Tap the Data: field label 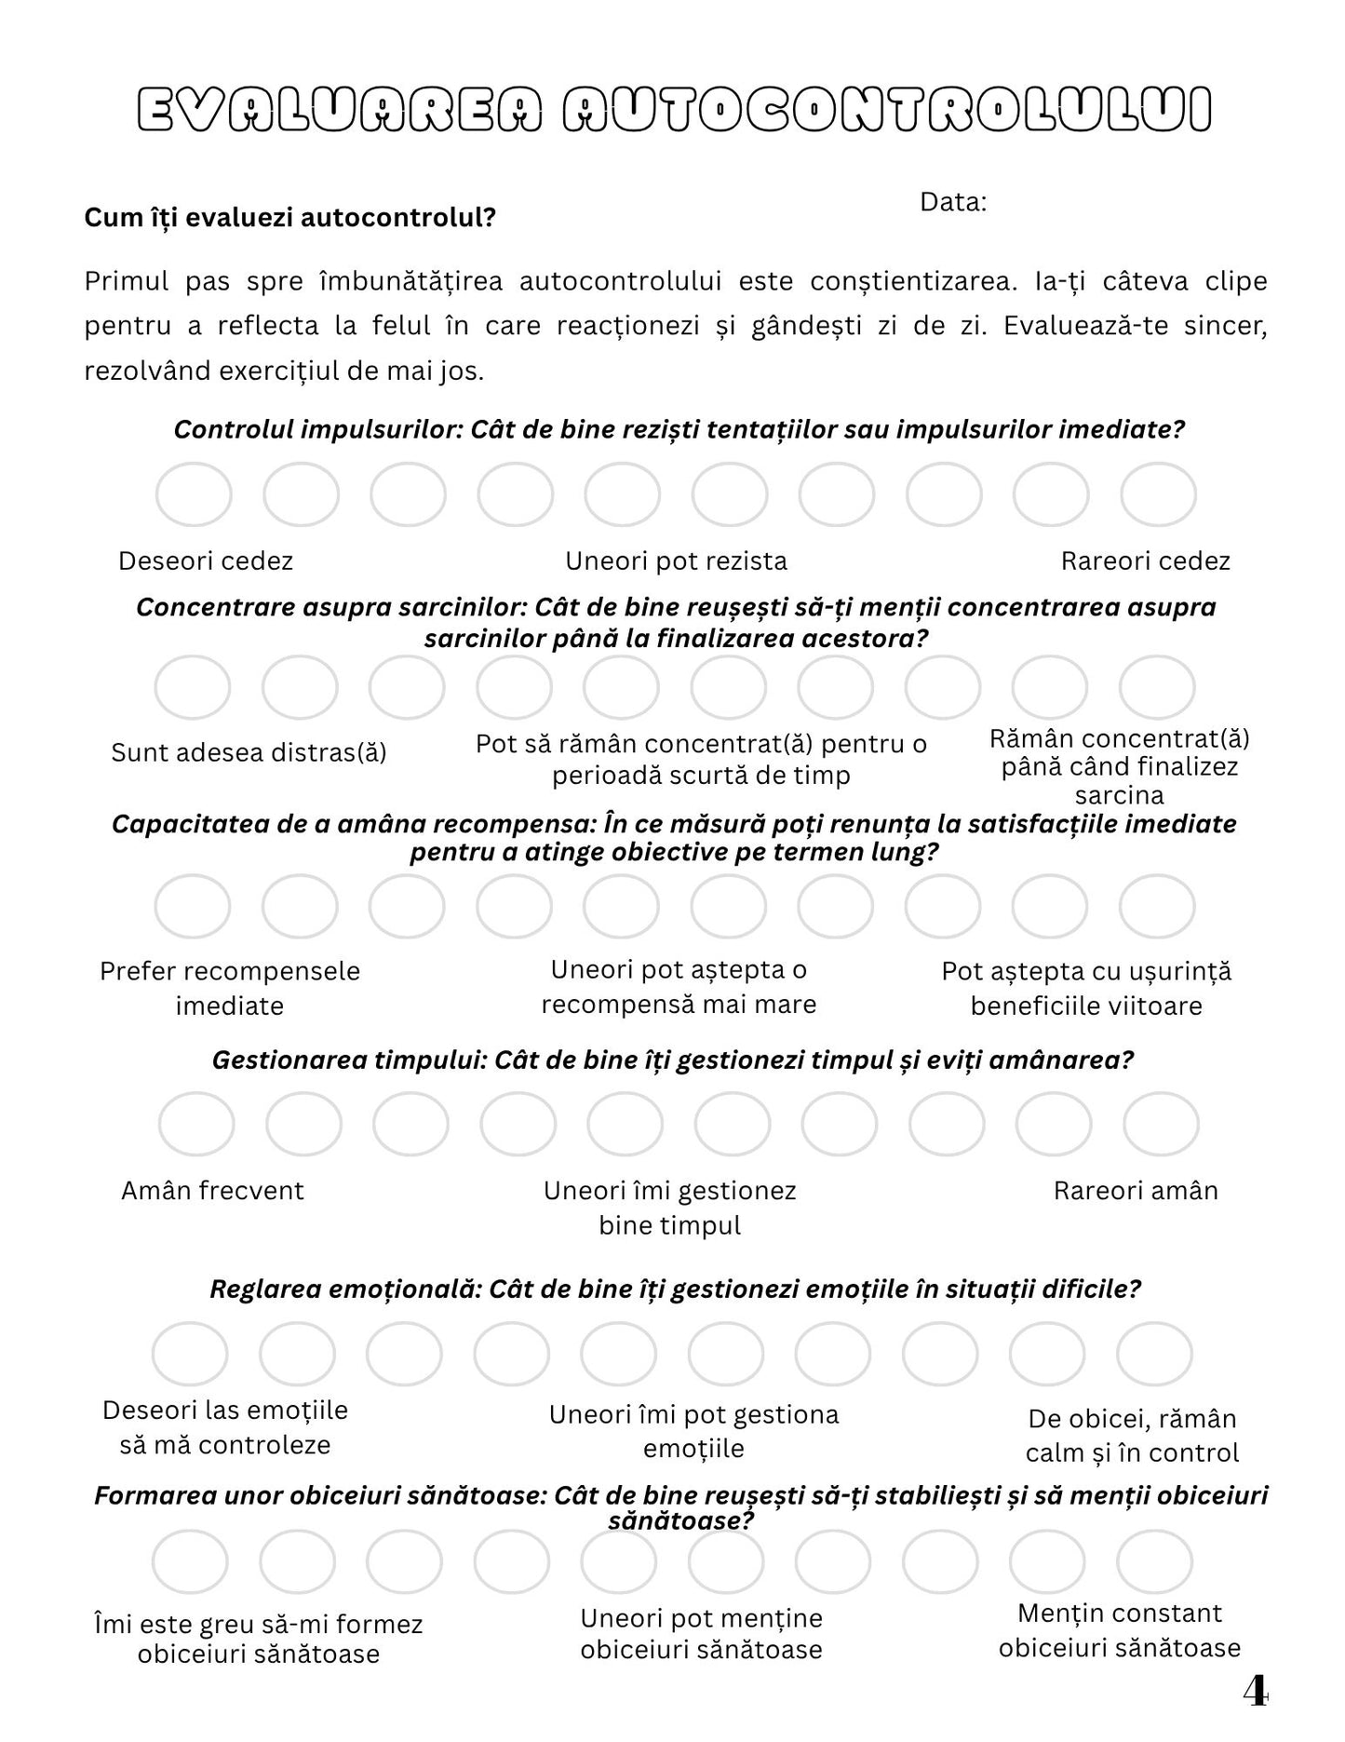click(x=953, y=202)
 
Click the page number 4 click(x=1255, y=1692)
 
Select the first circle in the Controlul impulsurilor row click(x=194, y=494)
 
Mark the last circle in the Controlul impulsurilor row click(x=1158, y=494)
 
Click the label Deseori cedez click(x=206, y=561)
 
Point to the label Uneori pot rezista click(x=677, y=561)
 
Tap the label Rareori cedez click(x=1145, y=561)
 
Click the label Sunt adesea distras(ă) click(x=249, y=752)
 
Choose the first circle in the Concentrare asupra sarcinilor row click(x=193, y=687)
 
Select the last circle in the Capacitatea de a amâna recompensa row click(x=1157, y=906)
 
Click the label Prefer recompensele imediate click(x=230, y=988)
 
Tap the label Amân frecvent click(x=212, y=1191)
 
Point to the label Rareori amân click(x=1136, y=1191)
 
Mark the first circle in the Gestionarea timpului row click(x=196, y=1125)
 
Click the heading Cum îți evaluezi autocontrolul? click(x=289, y=218)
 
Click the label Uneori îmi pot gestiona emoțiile click(x=694, y=1431)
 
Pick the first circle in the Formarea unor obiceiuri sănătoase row click(x=190, y=1561)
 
